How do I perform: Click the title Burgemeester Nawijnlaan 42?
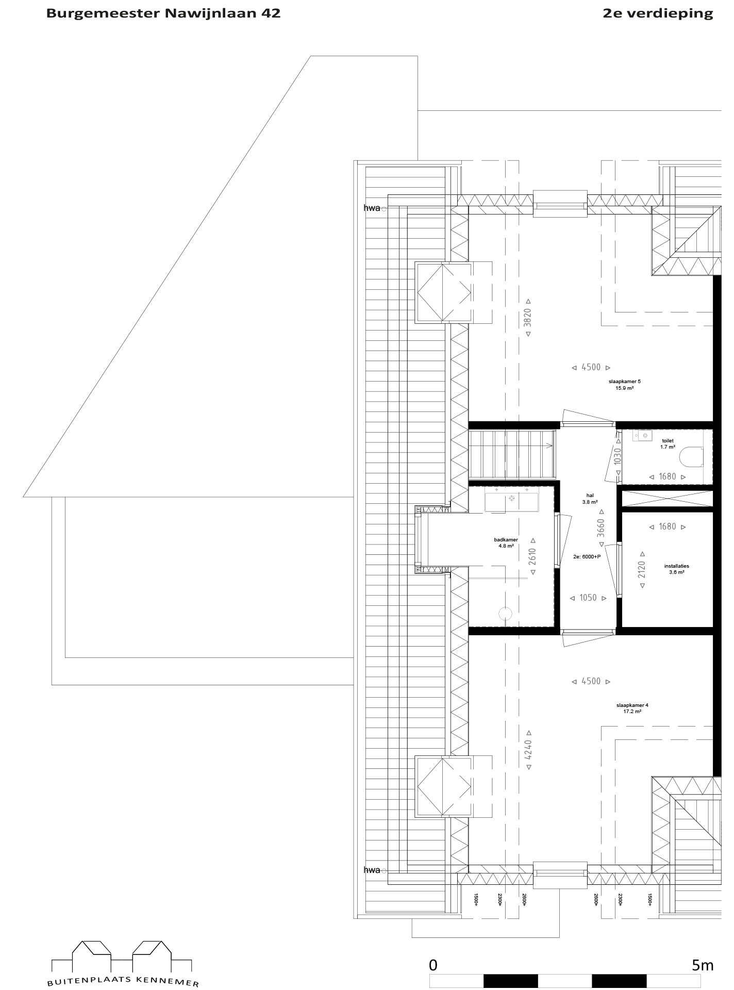click(x=163, y=13)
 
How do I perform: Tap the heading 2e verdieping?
click(x=658, y=14)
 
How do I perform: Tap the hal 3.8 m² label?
click(x=590, y=499)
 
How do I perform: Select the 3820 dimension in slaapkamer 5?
click(x=527, y=318)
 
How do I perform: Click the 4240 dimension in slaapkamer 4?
click(x=527, y=749)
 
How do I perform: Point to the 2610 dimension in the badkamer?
click(x=533, y=557)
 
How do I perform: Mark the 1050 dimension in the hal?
click(x=588, y=598)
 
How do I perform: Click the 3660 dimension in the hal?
click(x=600, y=528)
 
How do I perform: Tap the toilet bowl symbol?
click(x=691, y=457)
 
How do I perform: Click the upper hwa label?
click(x=372, y=208)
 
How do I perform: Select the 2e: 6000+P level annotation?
click(x=587, y=556)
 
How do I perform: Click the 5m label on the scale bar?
click(x=703, y=965)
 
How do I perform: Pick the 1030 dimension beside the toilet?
click(x=618, y=457)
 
